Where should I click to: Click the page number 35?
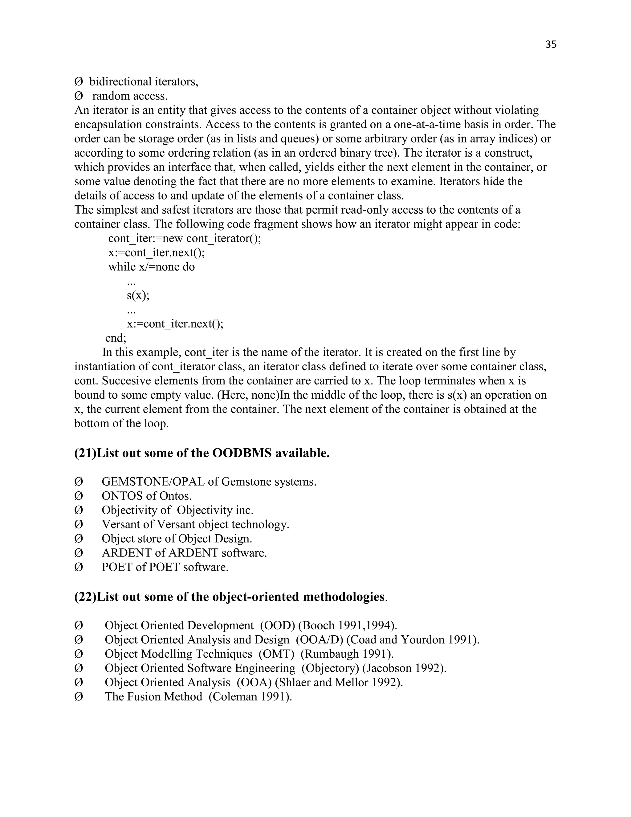point(551,44)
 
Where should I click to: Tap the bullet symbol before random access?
point(79,96)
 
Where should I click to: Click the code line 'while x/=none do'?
point(151,267)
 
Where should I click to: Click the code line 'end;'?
point(116,338)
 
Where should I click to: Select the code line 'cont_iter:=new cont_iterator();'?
point(184,238)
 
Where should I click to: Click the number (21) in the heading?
point(85,453)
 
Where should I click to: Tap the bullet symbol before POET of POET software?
point(79,567)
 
